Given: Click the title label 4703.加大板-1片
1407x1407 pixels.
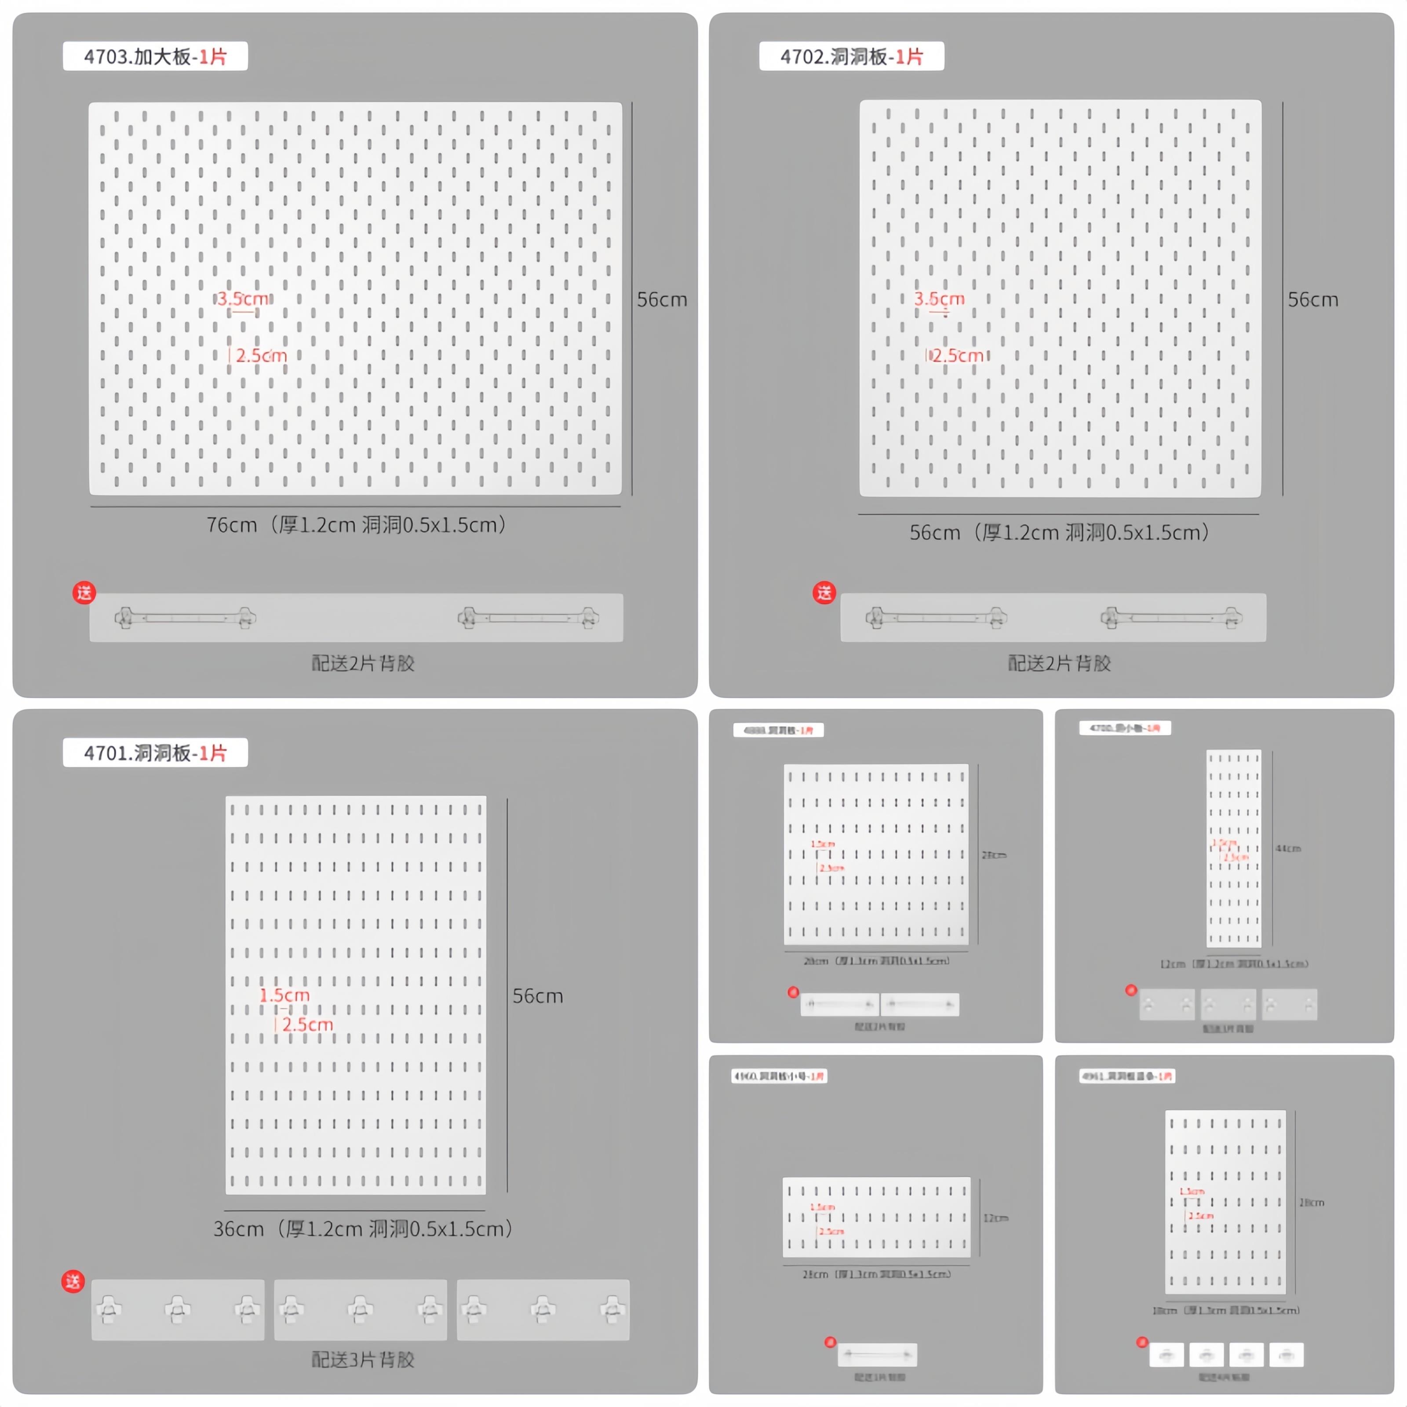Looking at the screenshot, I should click(x=155, y=56).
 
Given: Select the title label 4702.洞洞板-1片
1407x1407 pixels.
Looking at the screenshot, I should click(x=851, y=56).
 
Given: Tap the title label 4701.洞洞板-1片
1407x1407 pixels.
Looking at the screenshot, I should click(x=155, y=752).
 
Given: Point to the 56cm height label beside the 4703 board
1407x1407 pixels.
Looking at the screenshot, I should click(x=661, y=299).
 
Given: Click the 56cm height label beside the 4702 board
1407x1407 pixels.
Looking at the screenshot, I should click(x=1312, y=299).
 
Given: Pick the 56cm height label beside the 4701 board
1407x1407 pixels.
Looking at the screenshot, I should click(x=537, y=995).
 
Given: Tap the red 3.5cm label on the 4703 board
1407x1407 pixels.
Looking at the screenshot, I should click(x=243, y=299).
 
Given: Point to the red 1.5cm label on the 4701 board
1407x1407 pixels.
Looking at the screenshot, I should click(x=285, y=995).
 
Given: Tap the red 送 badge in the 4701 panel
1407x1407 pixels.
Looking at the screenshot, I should click(x=73, y=1281).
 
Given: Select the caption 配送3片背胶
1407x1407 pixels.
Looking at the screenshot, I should click(x=363, y=1359).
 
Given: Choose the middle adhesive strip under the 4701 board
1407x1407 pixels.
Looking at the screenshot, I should click(x=361, y=1309).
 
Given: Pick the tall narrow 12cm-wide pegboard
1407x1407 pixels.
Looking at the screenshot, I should click(x=1234, y=849).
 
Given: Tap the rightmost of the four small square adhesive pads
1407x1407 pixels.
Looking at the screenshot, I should click(x=1286, y=1355).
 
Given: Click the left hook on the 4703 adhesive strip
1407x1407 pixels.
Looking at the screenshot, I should click(x=124, y=618).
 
